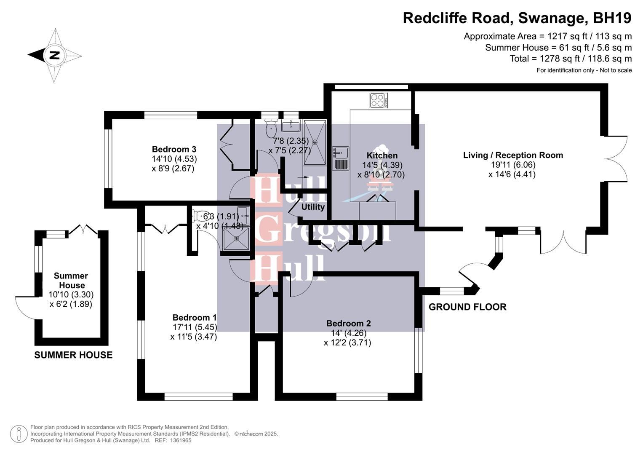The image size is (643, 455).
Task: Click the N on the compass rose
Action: click(54, 55)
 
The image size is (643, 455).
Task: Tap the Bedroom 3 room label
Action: click(174, 149)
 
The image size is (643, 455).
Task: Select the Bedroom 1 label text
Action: click(194, 318)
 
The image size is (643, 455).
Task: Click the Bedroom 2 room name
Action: click(348, 324)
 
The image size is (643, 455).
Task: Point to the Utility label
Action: click(313, 207)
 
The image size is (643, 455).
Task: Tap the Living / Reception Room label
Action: click(513, 155)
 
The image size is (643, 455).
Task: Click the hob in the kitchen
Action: click(379, 100)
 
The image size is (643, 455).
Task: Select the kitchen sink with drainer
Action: click(340, 158)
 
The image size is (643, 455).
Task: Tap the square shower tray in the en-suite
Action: click(236, 238)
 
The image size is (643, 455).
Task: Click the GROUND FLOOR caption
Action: click(467, 307)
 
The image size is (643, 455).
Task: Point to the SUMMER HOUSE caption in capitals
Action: click(73, 355)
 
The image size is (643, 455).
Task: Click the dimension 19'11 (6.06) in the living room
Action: click(512, 165)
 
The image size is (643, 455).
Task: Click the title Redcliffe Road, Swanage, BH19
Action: click(517, 18)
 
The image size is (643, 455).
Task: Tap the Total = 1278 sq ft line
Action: click(571, 59)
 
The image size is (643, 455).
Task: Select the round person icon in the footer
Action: click(19, 434)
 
